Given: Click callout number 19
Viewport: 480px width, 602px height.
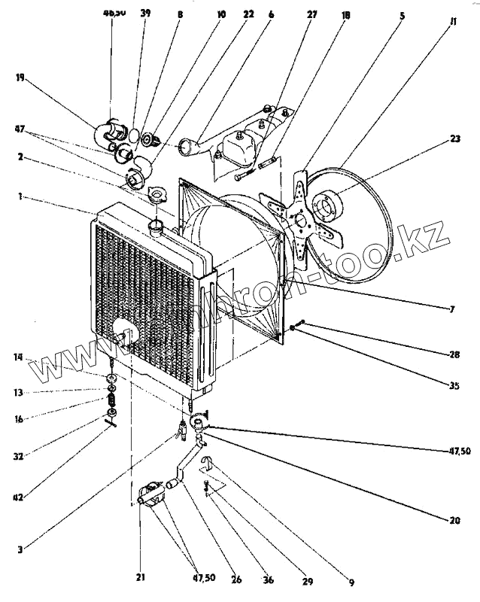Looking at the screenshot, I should coord(20,77).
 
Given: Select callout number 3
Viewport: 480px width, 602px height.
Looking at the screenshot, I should coord(20,549).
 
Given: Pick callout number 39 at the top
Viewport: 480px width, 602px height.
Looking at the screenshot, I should coord(144,14).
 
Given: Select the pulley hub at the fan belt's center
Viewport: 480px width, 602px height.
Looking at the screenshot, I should coord(329,204).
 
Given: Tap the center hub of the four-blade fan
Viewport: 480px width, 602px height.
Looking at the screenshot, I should coord(302,220).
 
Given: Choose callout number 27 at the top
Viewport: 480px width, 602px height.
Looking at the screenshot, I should coord(311,14).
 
